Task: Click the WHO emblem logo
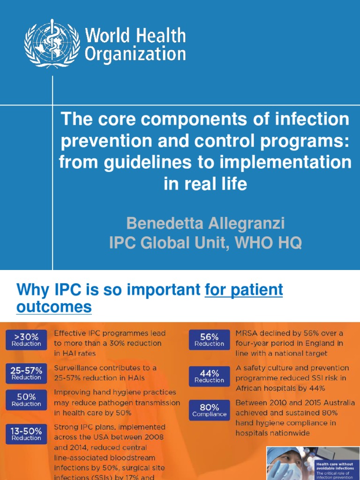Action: click(52, 44)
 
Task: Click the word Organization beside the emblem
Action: click(135, 54)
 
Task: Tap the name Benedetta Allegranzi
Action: click(205, 224)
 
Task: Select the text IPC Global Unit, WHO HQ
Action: click(205, 243)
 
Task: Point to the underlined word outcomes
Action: click(54, 307)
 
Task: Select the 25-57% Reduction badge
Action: click(26, 373)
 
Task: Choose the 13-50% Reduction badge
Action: click(26, 434)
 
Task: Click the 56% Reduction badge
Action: click(209, 340)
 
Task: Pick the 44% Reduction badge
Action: click(209, 376)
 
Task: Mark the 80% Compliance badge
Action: click(209, 411)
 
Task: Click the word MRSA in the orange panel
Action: click(247, 333)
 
